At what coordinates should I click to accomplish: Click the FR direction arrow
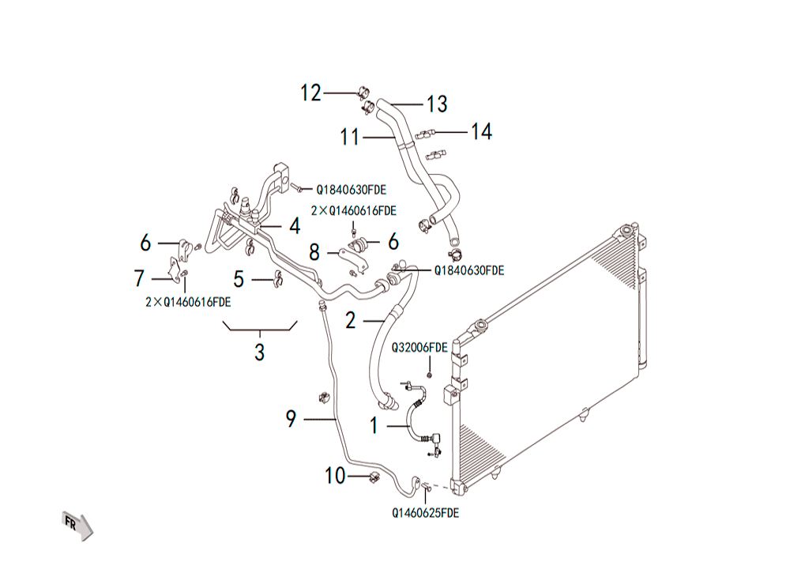(x=77, y=526)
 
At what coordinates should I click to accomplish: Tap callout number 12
(x=310, y=93)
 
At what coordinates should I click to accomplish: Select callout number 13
(x=437, y=104)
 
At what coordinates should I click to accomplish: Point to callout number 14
(x=481, y=131)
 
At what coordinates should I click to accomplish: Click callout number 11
(x=350, y=137)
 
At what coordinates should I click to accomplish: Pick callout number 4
(x=295, y=226)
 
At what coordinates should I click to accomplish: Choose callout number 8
(x=314, y=252)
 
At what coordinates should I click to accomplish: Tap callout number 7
(x=140, y=279)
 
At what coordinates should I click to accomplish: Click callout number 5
(x=239, y=279)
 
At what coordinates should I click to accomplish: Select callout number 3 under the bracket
(x=259, y=353)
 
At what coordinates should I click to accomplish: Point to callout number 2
(x=351, y=320)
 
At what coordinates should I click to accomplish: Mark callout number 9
(x=291, y=419)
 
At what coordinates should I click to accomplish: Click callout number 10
(x=335, y=476)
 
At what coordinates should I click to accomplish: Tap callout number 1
(x=374, y=426)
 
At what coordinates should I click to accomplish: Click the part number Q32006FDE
(x=419, y=348)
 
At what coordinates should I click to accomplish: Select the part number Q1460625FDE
(x=426, y=513)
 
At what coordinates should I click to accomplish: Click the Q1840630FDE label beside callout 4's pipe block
(x=352, y=190)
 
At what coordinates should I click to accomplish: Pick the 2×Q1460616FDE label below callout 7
(x=188, y=302)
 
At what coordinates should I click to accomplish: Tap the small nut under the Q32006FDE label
(x=429, y=375)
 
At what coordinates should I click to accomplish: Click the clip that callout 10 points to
(x=374, y=477)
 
